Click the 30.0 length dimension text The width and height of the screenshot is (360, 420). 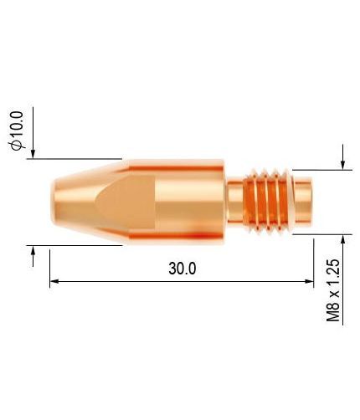[183, 269]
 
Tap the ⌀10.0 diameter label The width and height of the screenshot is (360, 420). [17, 131]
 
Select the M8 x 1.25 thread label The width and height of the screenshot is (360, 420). [333, 290]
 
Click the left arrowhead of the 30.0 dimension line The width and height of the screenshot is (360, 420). [54, 281]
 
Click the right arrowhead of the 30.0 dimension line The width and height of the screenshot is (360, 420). [309, 281]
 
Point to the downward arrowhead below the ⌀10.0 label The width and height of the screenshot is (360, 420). [33, 154]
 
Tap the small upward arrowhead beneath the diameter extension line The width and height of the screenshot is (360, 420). [33, 250]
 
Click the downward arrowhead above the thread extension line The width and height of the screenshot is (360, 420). [343, 165]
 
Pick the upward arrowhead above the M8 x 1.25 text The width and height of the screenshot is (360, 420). [343, 239]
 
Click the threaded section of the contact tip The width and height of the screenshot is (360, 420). [265, 201]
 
